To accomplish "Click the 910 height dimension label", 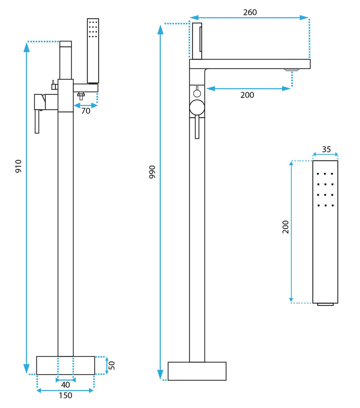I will click(x=18, y=166).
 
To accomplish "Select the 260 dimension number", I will click(x=250, y=12).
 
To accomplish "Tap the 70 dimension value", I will click(x=86, y=111).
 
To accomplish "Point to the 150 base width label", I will click(x=66, y=396).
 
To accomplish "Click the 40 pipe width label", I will click(x=66, y=385).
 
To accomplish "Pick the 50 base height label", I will click(x=112, y=365).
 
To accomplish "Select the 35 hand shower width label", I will click(x=326, y=149).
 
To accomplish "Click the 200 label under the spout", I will click(x=247, y=95).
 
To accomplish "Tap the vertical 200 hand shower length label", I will click(x=286, y=227).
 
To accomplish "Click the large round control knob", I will click(x=197, y=108).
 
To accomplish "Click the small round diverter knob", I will click(x=197, y=94).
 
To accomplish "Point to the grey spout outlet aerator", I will click(x=292, y=70).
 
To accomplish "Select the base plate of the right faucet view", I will click(x=197, y=371).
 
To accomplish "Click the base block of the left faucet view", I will click(x=66, y=365).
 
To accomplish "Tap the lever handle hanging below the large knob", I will click(x=197, y=128).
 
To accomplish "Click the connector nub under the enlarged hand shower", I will click(x=325, y=305).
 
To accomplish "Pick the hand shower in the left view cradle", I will click(x=93, y=50).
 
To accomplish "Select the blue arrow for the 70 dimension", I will click(x=86, y=105).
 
